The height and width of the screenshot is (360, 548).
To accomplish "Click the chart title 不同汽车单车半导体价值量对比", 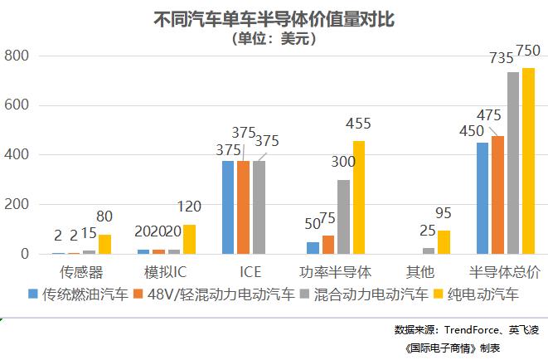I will (x=274, y=19).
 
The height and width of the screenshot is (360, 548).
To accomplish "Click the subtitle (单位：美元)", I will (x=274, y=38).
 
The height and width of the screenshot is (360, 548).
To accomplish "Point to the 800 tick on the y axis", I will (x=17, y=56).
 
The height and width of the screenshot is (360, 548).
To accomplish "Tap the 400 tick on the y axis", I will (x=17, y=155).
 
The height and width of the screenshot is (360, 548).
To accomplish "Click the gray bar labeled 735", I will (x=513, y=163).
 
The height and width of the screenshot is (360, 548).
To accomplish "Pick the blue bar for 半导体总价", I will (x=483, y=198).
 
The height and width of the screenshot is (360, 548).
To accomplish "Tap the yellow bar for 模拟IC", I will (x=189, y=239).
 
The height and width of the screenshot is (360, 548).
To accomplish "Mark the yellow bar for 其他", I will (x=444, y=242).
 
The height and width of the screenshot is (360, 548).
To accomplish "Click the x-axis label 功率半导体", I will (x=335, y=271).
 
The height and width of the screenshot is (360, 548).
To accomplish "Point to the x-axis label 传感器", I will (x=81, y=271).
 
